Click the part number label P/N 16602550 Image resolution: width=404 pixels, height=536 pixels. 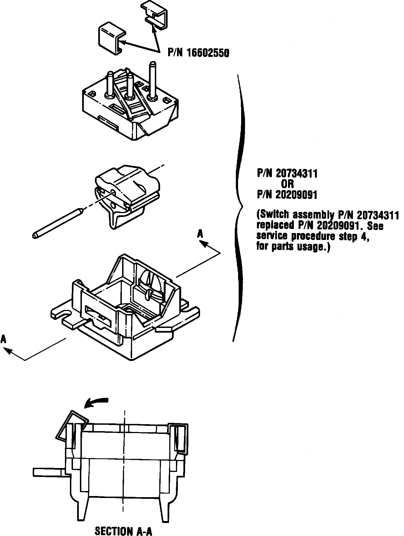point(198,53)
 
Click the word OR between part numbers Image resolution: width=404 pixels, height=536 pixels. point(287,184)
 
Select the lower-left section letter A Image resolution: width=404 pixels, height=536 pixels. point(3,339)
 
